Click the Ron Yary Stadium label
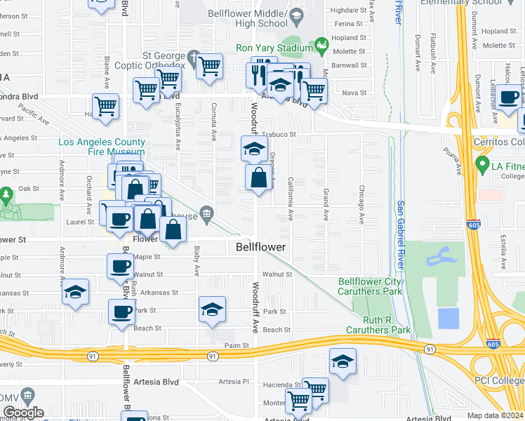click(274, 48)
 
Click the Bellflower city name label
click(260, 248)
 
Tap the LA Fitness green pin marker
click(482, 166)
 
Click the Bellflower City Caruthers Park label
click(371, 286)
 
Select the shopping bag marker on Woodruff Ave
click(258, 178)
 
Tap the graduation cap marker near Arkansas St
click(75, 294)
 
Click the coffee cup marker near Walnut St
click(121, 266)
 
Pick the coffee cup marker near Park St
click(121, 311)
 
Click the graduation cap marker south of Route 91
click(343, 362)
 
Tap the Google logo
click(23, 413)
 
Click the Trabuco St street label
click(280, 134)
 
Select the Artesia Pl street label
click(234, 382)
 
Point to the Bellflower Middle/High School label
click(248, 18)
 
